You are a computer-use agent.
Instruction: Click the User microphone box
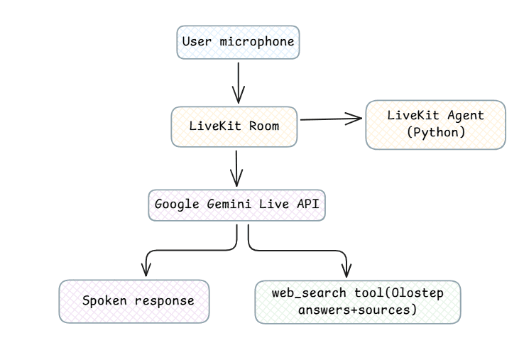pyautogui.click(x=238, y=42)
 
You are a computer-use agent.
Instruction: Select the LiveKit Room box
pyautogui.click(x=234, y=126)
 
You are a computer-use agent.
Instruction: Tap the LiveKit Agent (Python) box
pyautogui.click(x=435, y=124)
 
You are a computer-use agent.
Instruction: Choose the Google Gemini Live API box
pyautogui.click(x=236, y=205)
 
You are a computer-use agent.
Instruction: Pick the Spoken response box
pyautogui.click(x=134, y=301)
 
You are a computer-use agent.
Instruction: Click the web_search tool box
pyautogui.click(x=358, y=302)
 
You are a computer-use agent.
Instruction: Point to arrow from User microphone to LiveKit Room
pyautogui.click(x=239, y=83)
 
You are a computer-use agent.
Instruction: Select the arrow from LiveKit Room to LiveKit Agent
pyautogui.click(x=331, y=119)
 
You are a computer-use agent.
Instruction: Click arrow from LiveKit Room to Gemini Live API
pyautogui.click(x=236, y=168)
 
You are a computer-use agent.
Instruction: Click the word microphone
pyautogui.click(x=256, y=42)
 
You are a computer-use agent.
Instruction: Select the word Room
pyautogui.click(x=264, y=126)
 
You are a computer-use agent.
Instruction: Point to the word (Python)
pyautogui.click(x=436, y=132)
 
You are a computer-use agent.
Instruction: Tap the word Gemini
pyautogui.click(x=229, y=204)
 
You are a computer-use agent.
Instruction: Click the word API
pyautogui.click(x=308, y=204)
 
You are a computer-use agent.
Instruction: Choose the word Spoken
pyautogui.click(x=104, y=301)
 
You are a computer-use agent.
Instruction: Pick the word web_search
pyautogui.click(x=309, y=293)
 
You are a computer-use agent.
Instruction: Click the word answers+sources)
pyautogui.click(x=358, y=310)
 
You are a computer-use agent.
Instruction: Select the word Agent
pyautogui.click(x=466, y=116)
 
